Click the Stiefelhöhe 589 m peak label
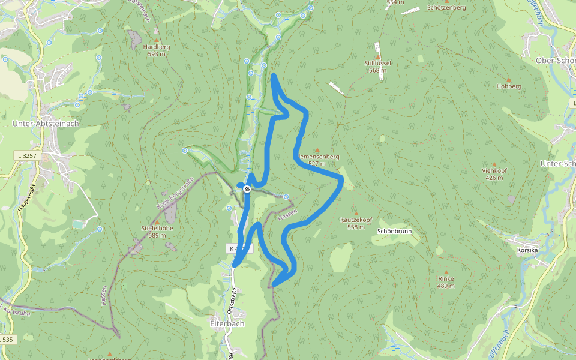tap(157, 231)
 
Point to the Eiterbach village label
tap(227, 323)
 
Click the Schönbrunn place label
tap(394, 231)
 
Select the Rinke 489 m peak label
tap(446, 282)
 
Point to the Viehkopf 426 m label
tap(494, 174)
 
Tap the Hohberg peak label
tap(509, 86)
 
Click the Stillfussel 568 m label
tap(377, 66)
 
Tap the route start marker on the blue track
tap(247, 189)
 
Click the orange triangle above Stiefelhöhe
tap(157, 221)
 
